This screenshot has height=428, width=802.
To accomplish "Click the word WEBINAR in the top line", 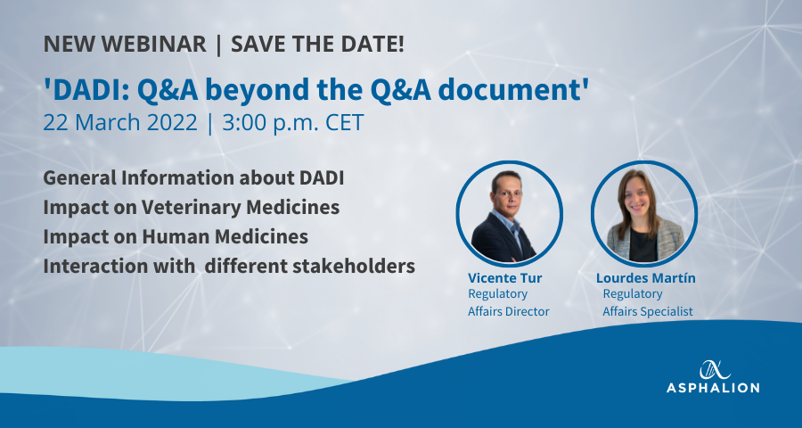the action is click(153, 44).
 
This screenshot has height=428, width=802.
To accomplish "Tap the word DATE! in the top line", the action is click(376, 44).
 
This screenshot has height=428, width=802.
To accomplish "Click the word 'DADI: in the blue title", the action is click(86, 90).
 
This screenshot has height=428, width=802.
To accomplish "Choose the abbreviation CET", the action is click(344, 123).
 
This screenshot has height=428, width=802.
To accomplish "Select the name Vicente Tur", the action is click(505, 278).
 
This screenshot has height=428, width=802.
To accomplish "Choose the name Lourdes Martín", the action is click(645, 278).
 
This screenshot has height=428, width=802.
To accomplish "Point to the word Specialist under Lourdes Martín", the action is click(669, 311).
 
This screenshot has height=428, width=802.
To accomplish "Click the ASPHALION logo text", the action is click(713, 388).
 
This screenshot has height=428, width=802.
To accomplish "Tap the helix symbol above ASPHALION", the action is click(713, 370).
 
